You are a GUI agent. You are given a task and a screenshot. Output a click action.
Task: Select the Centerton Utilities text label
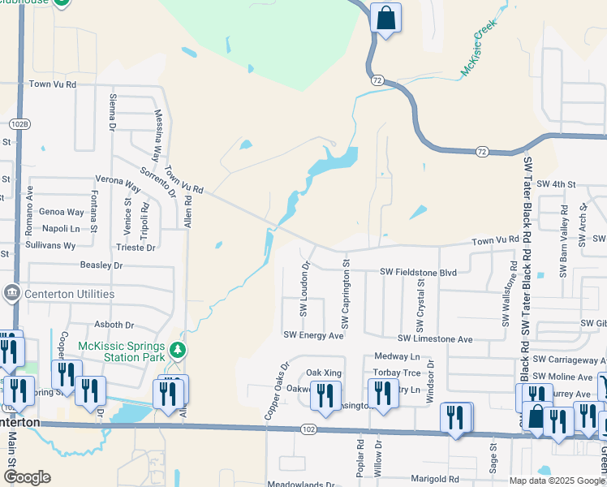click(69, 294)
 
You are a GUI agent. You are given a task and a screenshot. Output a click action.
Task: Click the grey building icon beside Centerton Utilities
click(11, 293)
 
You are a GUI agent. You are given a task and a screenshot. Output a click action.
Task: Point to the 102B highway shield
click(19, 123)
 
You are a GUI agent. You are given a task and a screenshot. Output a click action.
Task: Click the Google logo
click(27, 477)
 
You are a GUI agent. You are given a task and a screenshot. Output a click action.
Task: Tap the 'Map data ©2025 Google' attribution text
click(557, 481)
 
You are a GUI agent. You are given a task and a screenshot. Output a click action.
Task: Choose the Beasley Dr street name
click(101, 265)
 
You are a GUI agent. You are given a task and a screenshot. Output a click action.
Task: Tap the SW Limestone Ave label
click(434, 338)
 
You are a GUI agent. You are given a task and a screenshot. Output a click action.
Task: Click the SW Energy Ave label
click(313, 334)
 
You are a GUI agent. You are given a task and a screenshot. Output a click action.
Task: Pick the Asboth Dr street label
click(114, 325)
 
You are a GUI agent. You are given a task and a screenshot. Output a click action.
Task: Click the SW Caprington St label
click(346, 294)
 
